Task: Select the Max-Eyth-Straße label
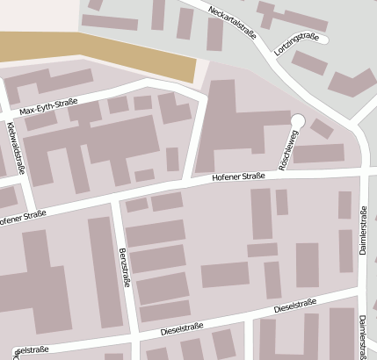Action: click(x=49, y=110)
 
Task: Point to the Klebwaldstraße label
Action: click(x=16, y=148)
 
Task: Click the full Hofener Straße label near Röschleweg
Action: click(x=238, y=178)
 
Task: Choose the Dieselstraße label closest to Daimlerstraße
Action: click(x=295, y=306)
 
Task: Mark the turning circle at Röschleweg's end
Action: click(x=297, y=120)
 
